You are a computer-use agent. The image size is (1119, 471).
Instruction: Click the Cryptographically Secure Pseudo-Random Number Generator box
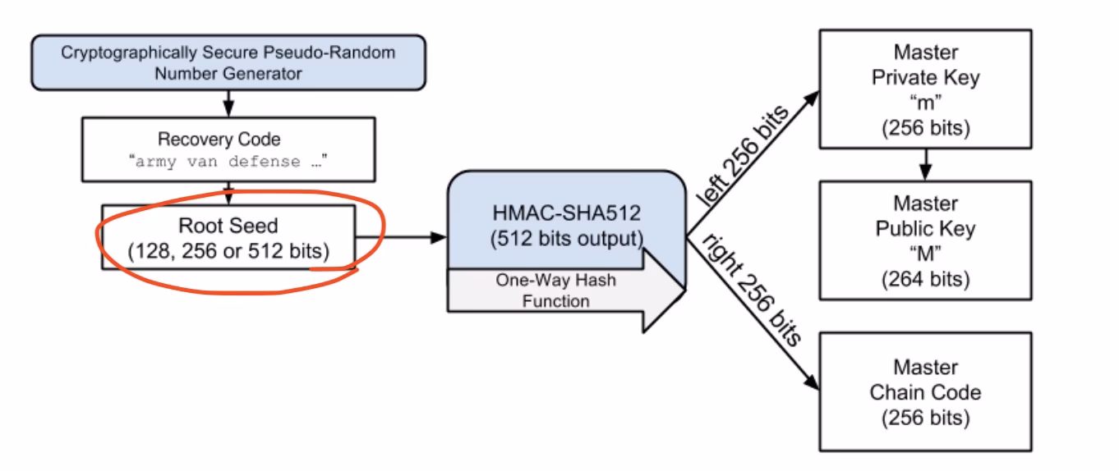[x=228, y=63]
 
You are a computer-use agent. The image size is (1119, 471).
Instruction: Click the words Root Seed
[x=228, y=226]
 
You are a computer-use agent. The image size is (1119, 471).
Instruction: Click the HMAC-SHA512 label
[x=566, y=215]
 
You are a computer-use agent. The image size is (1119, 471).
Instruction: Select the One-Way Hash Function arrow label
[x=555, y=290]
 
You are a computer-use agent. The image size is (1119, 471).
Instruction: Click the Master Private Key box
[x=925, y=89]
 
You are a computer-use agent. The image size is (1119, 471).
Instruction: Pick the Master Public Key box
[x=925, y=239]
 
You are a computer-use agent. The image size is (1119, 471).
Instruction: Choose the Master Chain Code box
[x=925, y=391]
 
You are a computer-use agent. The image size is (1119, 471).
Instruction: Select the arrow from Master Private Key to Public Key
[x=926, y=163]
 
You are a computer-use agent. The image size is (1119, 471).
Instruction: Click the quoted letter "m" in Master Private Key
[x=925, y=103]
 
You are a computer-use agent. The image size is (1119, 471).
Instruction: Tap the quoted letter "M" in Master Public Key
[x=925, y=254]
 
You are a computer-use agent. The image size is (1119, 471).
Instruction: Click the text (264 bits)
[x=925, y=278]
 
